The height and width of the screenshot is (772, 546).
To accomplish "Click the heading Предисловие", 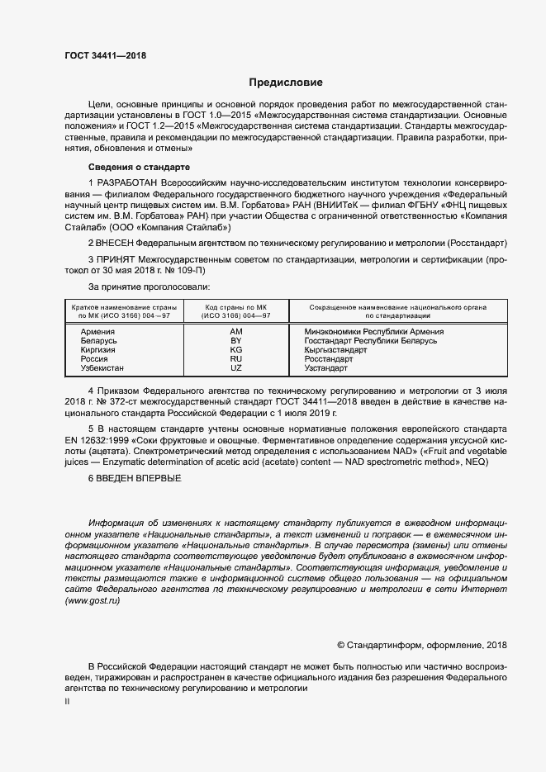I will [286, 83].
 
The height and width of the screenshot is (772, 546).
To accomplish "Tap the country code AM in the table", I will [235, 331].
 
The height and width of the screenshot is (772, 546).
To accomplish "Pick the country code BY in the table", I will [235, 340].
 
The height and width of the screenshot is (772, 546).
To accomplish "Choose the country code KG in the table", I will [235, 350].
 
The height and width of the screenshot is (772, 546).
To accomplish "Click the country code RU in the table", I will [235, 359].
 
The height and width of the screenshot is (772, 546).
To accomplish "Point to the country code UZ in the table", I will [235, 368].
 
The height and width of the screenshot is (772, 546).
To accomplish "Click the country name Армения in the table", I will [98, 331].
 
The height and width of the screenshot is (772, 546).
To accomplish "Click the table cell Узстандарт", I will [326, 368].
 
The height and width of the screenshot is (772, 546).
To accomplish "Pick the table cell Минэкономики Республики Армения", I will [374, 331].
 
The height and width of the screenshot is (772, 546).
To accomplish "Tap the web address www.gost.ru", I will [93, 602].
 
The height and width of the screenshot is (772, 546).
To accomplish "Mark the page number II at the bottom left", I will [67, 702].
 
